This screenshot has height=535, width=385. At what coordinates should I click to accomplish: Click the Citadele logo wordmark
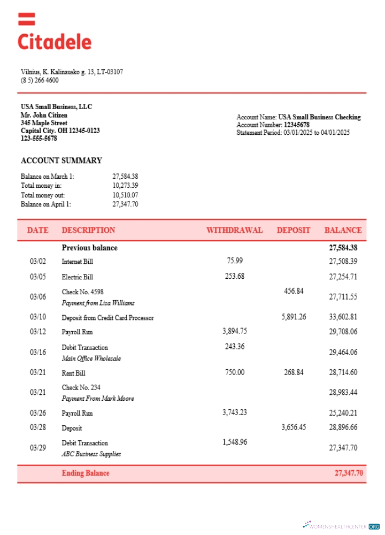[55, 42]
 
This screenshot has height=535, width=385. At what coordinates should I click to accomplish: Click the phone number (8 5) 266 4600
[40, 81]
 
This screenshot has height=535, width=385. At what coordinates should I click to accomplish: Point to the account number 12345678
[296, 125]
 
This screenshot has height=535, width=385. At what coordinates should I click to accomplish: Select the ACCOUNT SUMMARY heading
[61, 160]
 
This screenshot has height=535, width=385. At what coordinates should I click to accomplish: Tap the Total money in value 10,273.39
[125, 186]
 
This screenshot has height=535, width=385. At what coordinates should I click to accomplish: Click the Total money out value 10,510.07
[125, 195]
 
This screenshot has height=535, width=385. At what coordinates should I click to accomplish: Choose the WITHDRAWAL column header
[234, 230]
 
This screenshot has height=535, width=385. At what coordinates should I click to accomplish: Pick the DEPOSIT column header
[293, 230]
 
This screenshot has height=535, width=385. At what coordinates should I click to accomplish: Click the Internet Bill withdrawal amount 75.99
[235, 261]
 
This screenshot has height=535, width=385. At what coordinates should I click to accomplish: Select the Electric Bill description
[77, 277]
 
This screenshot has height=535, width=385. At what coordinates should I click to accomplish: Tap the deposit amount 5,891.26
[294, 317]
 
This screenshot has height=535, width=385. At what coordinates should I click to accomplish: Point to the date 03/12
[38, 332]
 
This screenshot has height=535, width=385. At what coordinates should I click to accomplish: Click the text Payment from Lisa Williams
[98, 303]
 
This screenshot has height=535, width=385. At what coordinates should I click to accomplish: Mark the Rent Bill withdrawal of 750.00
[234, 372]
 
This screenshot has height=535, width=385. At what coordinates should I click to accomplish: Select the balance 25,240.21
[343, 413]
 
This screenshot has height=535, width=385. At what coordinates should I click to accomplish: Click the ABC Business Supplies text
[91, 454]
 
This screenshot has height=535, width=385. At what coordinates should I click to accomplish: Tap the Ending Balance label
[86, 473]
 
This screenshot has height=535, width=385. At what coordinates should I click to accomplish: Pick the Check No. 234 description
[81, 387]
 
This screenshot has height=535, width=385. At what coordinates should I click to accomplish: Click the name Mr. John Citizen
[44, 115]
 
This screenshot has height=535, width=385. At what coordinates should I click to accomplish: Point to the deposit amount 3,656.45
[294, 427]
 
